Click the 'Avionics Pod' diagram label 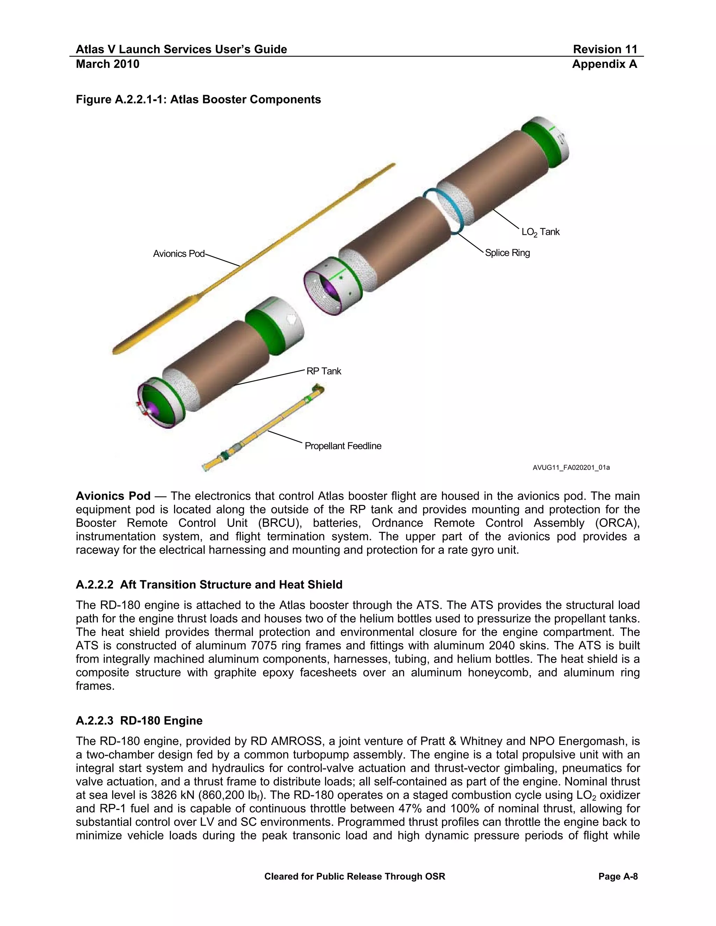(x=179, y=254)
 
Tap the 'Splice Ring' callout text (x=507, y=253)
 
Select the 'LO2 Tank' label (x=540, y=232)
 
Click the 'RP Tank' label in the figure (x=324, y=371)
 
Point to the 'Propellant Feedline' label (x=343, y=446)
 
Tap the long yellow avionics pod (x=255, y=259)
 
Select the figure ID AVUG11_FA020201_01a (x=571, y=468)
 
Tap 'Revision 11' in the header (x=605, y=50)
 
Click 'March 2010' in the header (x=107, y=64)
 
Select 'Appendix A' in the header (x=604, y=64)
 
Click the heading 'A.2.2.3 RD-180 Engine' (x=139, y=721)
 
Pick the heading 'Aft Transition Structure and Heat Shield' (x=231, y=585)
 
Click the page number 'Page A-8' (x=618, y=876)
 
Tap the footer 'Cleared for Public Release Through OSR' (x=355, y=876)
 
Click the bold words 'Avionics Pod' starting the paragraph (x=113, y=496)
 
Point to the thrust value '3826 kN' (x=172, y=795)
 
